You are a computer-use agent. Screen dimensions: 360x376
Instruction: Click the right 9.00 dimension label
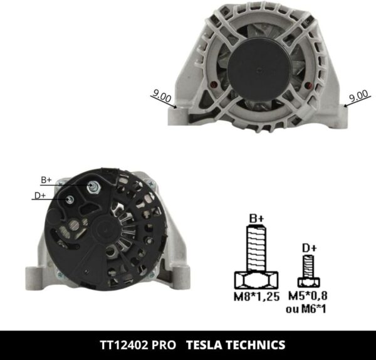(x=358, y=96)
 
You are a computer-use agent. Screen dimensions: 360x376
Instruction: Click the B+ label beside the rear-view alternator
(x=46, y=180)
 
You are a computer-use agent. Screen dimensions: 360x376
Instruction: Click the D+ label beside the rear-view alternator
(x=40, y=196)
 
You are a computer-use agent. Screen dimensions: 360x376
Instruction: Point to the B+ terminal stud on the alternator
(x=94, y=186)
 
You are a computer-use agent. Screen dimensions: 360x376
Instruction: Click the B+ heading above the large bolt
(x=256, y=218)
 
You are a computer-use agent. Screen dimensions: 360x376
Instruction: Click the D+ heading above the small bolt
(x=309, y=248)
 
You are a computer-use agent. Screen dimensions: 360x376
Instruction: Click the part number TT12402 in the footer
(x=126, y=345)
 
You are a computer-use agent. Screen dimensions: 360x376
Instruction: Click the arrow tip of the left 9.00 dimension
(x=177, y=107)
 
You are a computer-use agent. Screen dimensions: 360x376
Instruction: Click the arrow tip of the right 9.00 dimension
(x=343, y=106)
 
